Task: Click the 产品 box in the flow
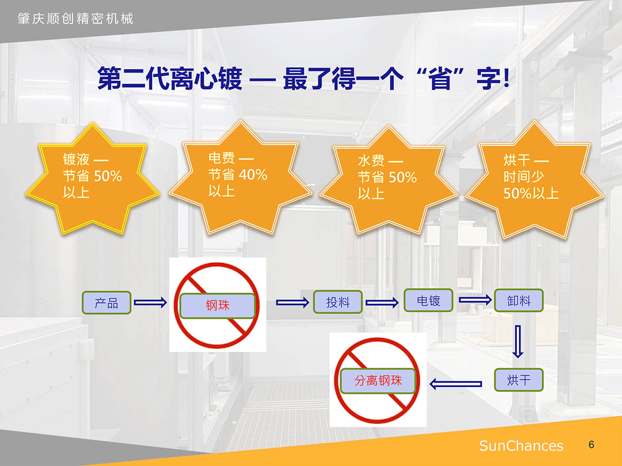pos(107,303)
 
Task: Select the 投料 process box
pos(338,302)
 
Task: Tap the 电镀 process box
pos(429,300)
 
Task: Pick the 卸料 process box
pos(519,300)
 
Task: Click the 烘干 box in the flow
pos(519,380)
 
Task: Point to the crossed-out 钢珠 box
pos(218,306)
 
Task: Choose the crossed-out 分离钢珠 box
pos(378,381)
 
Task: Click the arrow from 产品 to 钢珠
pos(150,302)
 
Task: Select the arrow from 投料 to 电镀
pos(382,303)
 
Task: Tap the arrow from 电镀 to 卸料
pos(475,300)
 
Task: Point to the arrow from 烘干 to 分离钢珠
pos(456,384)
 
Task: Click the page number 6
pos(591,444)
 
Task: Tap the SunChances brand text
pos(521,446)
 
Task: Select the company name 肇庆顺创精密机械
pos(75,19)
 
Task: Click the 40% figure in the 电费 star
pos(253,174)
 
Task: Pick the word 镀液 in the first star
pos(76,159)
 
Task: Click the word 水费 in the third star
pos(371,161)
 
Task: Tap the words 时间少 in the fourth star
pos(524,177)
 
